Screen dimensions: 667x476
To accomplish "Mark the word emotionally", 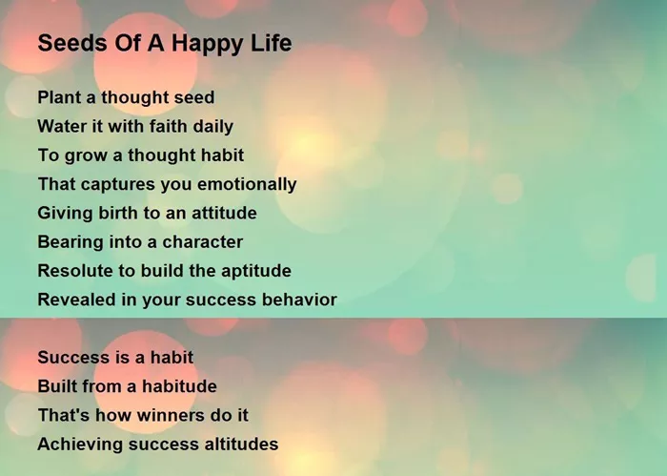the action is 247,185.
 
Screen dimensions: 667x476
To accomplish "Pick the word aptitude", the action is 256,272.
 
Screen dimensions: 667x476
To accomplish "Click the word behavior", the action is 299,300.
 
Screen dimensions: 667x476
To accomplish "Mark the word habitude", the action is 179,386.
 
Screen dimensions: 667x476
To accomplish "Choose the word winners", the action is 153,415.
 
